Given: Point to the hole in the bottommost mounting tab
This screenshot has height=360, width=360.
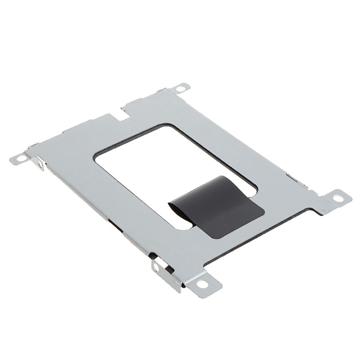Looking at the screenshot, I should tap(205, 284).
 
